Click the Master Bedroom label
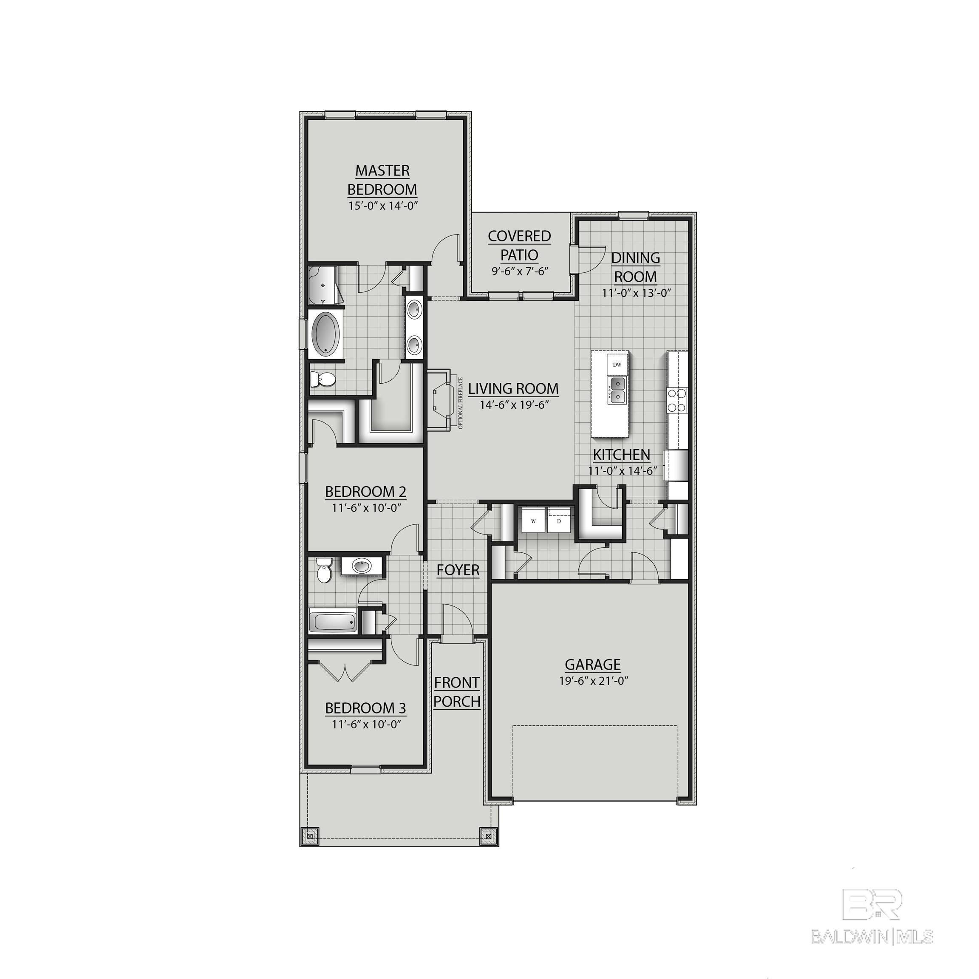point(382,179)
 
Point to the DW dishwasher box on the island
point(617,364)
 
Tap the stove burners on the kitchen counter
point(676,399)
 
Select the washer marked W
point(533,521)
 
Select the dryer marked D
point(559,521)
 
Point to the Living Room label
point(513,389)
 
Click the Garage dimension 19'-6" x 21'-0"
point(593,681)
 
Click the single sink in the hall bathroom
point(361,566)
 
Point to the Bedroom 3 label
point(365,708)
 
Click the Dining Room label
point(635,267)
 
